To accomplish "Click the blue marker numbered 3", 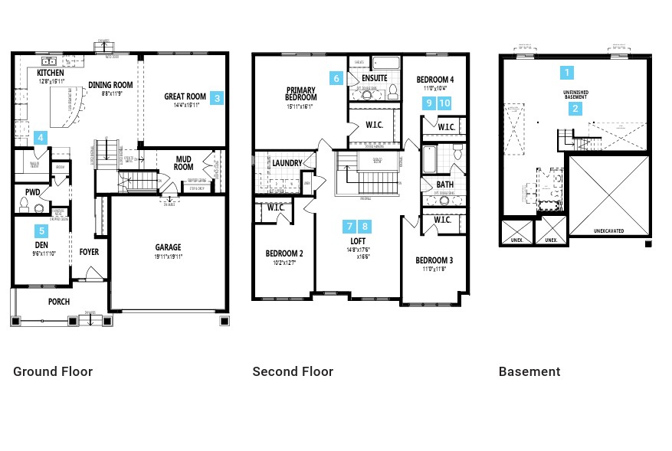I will (x=217, y=98).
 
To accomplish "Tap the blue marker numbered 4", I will (x=41, y=138).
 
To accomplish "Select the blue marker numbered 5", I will (x=41, y=230).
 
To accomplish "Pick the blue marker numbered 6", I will (x=336, y=78).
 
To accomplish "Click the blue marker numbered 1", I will (x=567, y=73).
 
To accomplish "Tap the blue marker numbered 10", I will (x=444, y=103).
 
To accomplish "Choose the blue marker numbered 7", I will (x=349, y=226).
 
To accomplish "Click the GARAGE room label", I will (x=169, y=247).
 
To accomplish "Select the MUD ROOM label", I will (x=183, y=162).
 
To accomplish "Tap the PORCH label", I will (x=59, y=302).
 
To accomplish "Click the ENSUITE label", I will (x=374, y=78).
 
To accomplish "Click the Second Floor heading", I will (x=293, y=371).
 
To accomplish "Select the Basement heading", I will (x=529, y=371).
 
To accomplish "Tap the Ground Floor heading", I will (x=53, y=371).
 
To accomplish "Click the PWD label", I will (x=32, y=192).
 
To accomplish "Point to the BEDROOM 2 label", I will (x=284, y=253).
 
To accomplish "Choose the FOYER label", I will (x=89, y=252).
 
